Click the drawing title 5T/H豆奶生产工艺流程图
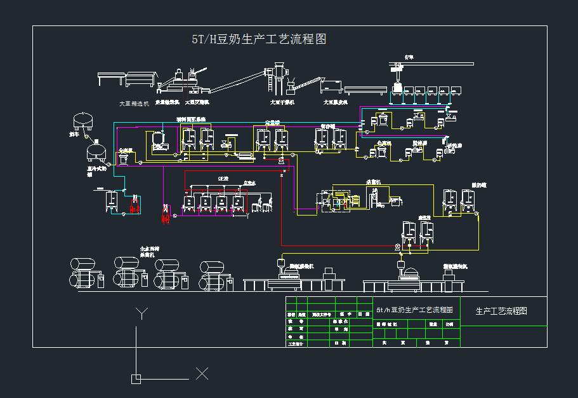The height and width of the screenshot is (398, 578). click(259, 39)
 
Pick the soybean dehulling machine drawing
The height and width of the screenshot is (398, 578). click(331, 86)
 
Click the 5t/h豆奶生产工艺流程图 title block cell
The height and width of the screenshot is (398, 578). click(416, 310)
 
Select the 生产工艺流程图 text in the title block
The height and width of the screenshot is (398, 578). click(502, 311)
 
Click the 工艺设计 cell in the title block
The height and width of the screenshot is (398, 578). click(296, 343)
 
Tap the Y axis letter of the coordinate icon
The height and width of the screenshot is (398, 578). click(142, 312)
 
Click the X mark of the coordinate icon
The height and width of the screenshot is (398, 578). click(202, 373)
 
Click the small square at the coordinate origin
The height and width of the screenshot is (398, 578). click(136, 379)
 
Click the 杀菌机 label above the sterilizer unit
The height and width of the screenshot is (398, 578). click(373, 182)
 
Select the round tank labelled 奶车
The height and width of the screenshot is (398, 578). click(84, 120)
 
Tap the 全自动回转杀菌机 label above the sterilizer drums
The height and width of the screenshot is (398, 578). click(150, 251)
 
